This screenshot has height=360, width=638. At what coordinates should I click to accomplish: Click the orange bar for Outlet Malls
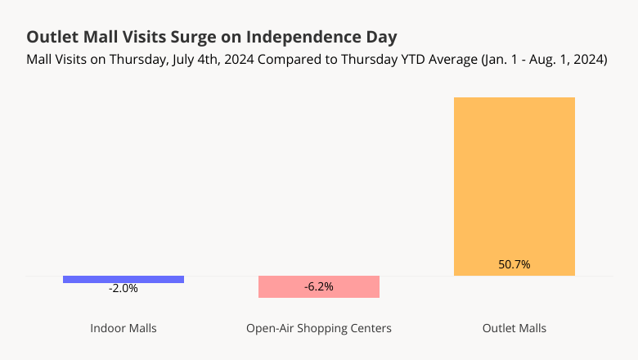click(514, 180)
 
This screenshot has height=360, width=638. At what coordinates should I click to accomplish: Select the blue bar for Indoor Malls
click(124, 280)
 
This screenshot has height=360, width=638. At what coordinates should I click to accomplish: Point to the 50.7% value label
click(514, 264)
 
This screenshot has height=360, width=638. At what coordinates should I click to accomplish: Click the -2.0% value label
click(124, 289)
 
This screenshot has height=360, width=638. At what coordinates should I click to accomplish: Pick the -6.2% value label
click(319, 286)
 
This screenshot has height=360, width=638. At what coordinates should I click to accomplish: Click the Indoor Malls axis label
click(124, 328)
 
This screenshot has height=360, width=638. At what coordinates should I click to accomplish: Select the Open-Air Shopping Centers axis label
click(319, 328)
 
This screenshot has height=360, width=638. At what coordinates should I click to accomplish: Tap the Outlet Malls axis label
click(514, 328)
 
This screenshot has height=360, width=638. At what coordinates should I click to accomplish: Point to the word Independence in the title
click(300, 38)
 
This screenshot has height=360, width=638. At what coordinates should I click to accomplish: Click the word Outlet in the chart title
click(51, 38)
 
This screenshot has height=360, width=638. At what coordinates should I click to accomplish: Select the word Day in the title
click(380, 38)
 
